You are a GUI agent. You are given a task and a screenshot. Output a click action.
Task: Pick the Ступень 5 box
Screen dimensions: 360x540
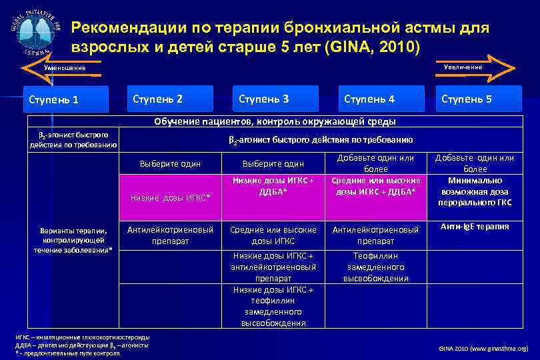click(475, 99)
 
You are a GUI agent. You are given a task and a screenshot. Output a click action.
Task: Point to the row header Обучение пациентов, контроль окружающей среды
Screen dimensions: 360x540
click(275, 121)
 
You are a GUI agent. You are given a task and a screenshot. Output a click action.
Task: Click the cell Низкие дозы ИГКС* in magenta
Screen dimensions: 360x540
click(171, 197)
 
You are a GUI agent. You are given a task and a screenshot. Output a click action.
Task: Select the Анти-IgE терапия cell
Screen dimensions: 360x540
click(474, 227)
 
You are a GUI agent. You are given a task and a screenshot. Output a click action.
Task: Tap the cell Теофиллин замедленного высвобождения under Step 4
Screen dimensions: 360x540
click(377, 267)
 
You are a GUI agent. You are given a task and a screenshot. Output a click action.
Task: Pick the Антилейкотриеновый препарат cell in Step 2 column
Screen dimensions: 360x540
click(171, 235)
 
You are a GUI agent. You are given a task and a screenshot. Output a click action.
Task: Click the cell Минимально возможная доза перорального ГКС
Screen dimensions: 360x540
click(474, 191)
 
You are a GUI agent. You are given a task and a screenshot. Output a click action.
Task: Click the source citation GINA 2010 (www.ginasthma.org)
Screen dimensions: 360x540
click(483, 348)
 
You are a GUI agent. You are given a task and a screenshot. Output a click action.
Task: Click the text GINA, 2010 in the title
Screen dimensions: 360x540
click(379, 48)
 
